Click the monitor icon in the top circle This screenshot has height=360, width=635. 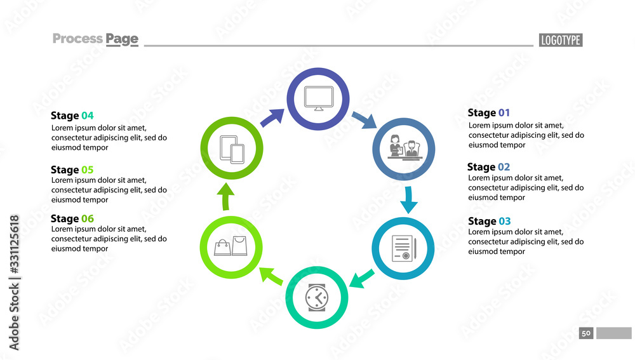click(x=318, y=98)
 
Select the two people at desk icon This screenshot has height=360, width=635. click(x=403, y=148)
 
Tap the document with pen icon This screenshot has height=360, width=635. click(x=403, y=248)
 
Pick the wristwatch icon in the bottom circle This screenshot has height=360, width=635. click(x=317, y=297)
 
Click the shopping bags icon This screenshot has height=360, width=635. click(x=230, y=246)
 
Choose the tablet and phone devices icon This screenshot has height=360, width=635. click(x=232, y=150)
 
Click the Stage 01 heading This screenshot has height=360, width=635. click(x=488, y=113)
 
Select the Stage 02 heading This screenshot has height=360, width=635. click(x=488, y=167)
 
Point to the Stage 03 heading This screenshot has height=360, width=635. click(x=489, y=221)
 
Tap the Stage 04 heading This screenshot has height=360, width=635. click(x=72, y=116)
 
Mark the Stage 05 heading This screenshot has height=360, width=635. click(x=72, y=170)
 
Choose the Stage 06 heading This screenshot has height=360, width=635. click(x=72, y=218)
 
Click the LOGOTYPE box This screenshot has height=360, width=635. click(x=561, y=40)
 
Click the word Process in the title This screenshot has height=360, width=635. click(x=77, y=39)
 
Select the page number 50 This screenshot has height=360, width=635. click(x=585, y=333)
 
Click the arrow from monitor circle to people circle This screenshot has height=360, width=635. click(x=364, y=119)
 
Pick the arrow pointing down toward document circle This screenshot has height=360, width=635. click(x=409, y=199)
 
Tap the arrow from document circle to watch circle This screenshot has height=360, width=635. click(x=363, y=277)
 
